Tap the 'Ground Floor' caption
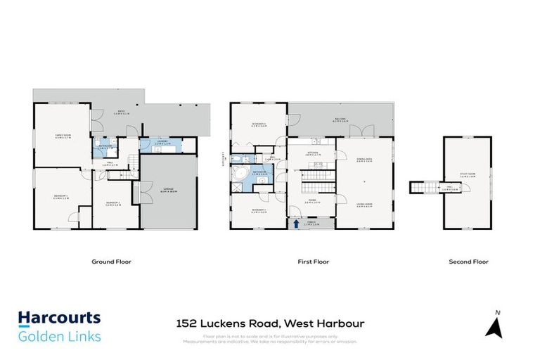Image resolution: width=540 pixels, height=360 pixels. coord(111,262)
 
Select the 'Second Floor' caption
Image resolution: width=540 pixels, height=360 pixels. coord(468,262)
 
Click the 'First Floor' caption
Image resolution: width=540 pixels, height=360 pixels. coord(313,262)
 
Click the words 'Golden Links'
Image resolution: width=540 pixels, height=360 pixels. coord(59,336)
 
